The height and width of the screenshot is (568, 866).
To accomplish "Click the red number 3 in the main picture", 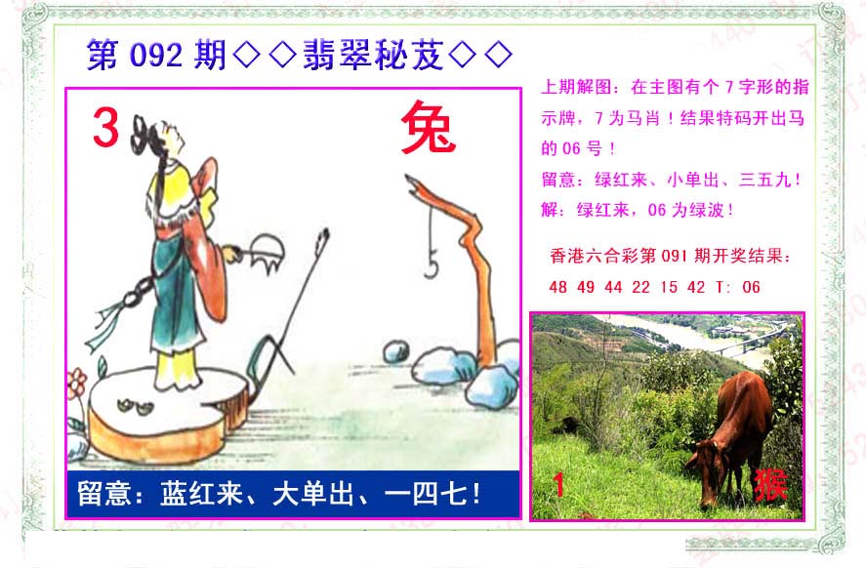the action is (105, 128).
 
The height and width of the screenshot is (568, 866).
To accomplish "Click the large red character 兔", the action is (429, 128).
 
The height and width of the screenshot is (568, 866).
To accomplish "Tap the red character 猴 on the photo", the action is (770, 485).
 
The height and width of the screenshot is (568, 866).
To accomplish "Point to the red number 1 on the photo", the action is (558, 485).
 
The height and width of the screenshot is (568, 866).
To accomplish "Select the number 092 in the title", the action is (156, 56).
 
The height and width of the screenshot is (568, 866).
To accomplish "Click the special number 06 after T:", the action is (751, 287).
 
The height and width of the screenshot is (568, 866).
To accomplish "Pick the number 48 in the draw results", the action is (557, 287).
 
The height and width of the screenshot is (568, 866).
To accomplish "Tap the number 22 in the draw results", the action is (640, 287).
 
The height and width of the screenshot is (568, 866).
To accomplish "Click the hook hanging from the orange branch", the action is (432, 263).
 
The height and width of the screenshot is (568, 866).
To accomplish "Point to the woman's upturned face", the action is (172, 137).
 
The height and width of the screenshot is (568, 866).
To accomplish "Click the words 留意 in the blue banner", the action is (103, 494).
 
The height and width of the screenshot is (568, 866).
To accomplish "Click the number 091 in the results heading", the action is (674, 256).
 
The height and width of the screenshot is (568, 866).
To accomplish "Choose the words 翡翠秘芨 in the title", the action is (374, 56).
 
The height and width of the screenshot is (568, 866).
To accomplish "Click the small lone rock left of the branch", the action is (396, 351).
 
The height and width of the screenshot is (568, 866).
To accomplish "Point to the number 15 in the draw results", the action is (668, 287).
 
